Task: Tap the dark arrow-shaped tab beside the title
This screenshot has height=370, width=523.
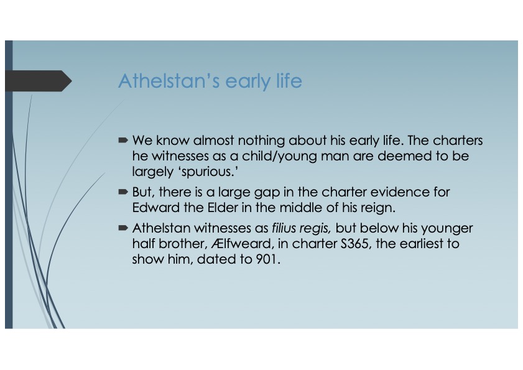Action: [37, 81]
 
